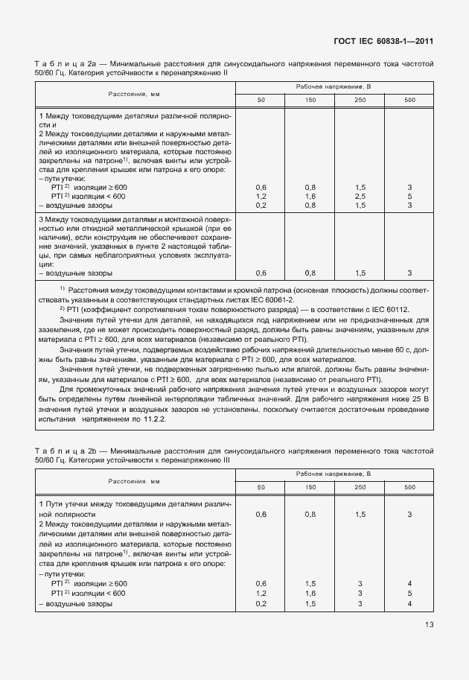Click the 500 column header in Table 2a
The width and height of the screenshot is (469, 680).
coord(409,100)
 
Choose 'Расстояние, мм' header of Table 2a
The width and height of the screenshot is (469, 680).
coord(134,94)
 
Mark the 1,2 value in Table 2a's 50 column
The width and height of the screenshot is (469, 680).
coord(261,196)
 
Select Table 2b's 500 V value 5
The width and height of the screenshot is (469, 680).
coord(409,593)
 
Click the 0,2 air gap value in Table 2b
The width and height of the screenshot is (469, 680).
coord(261,603)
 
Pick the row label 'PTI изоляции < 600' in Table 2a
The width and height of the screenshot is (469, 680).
coord(89,196)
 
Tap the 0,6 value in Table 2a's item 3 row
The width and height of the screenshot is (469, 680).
coord(261,273)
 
